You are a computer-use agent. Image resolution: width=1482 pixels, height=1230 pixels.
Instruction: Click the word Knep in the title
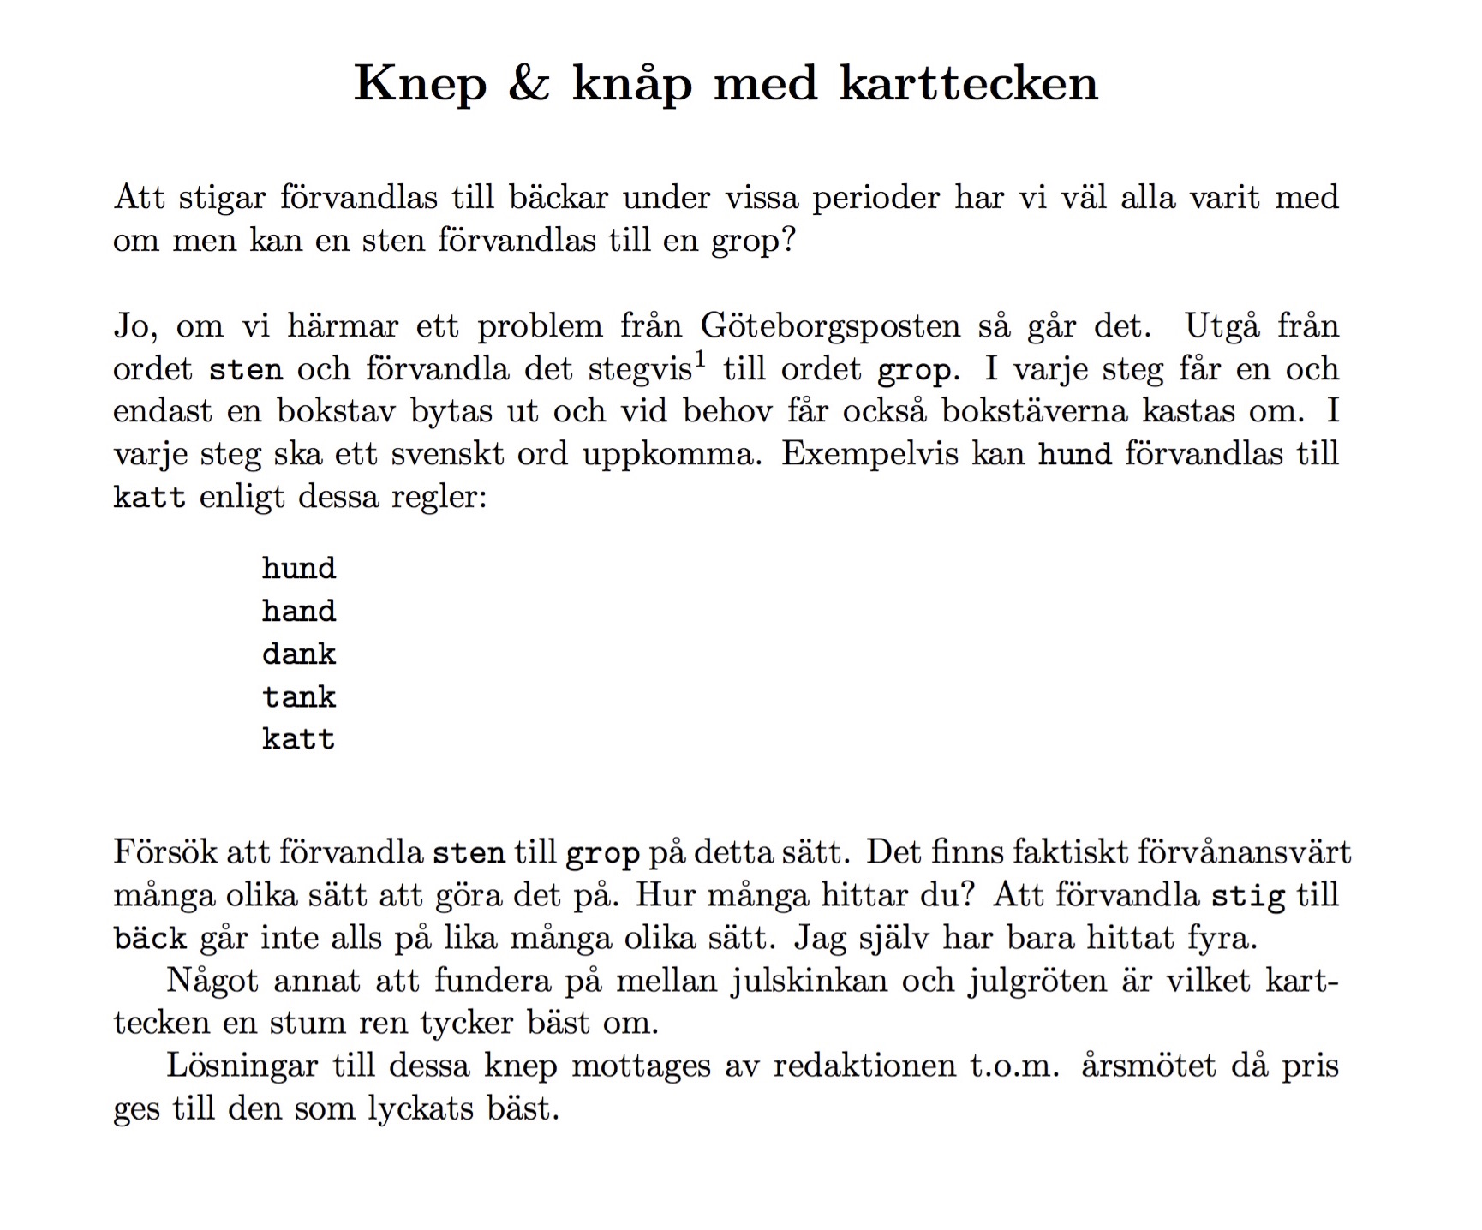[x=420, y=85]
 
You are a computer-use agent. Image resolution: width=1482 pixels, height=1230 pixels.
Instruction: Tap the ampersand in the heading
[x=529, y=83]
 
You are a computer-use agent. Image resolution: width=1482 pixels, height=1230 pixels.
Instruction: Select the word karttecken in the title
[x=968, y=83]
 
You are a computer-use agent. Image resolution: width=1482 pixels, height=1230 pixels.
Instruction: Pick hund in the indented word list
[x=299, y=569]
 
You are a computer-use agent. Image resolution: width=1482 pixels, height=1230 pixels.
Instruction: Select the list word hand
[x=299, y=612]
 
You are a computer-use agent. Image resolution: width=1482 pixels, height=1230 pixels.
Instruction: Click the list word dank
[x=299, y=654]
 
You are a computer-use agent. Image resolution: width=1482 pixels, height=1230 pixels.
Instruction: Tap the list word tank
[x=299, y=697]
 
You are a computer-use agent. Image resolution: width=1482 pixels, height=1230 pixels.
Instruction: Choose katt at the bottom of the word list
[x=299, y=739]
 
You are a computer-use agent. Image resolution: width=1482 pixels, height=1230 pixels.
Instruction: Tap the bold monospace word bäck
[x=150, y=939]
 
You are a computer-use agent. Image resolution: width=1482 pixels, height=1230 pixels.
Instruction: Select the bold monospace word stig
[x=1247, y=897]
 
